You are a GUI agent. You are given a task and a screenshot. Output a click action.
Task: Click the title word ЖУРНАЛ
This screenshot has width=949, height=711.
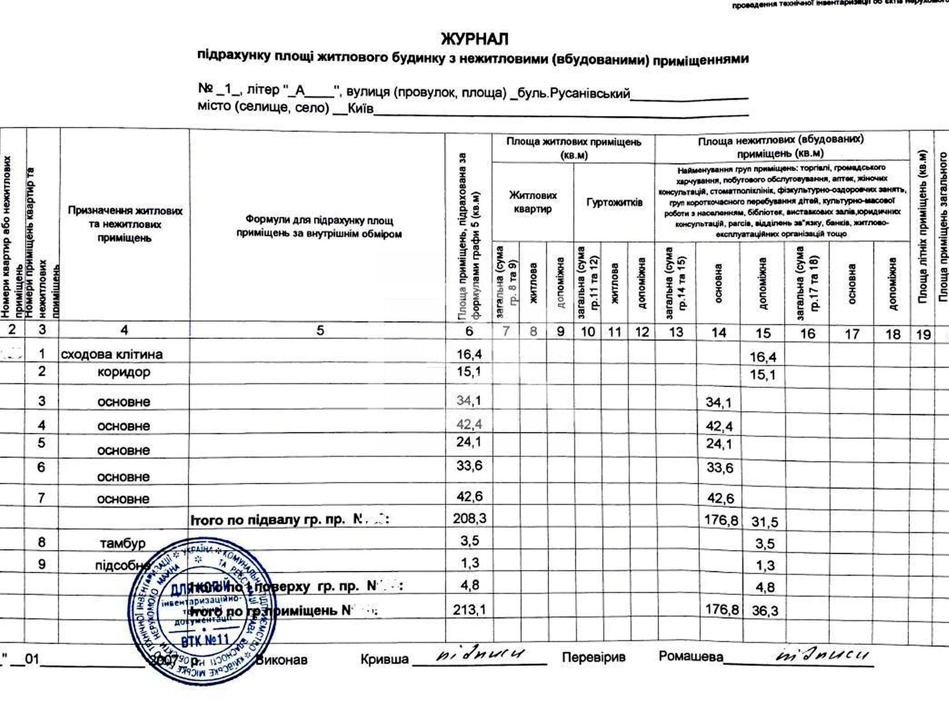[x=474, y=39]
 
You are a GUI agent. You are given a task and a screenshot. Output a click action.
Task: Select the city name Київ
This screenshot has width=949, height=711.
[x=360, y=109]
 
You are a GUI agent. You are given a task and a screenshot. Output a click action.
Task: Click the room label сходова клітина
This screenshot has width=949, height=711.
[x=112, y=355]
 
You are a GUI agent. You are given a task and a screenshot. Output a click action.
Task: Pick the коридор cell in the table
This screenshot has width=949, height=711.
[x=124, y=372]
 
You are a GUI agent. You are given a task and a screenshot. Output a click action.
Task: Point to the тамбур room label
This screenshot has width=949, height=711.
[x=123, y=543]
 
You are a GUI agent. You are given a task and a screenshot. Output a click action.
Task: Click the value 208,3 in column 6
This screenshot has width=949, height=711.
[x=470, y=518]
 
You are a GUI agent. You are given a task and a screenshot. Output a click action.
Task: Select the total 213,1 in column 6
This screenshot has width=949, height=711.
[x=470, y=610]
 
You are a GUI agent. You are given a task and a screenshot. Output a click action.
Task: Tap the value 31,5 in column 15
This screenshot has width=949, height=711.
[x=764, y=522]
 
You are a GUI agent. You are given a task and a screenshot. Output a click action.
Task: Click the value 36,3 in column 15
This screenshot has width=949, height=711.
[x=765, y=611]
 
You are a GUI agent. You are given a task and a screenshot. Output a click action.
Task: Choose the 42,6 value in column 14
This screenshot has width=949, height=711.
[x=720, y=498]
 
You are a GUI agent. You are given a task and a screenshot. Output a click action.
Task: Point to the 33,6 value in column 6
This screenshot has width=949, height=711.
[x=470, y=466]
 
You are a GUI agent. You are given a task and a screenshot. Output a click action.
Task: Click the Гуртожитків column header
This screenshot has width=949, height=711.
[x=614, y=202]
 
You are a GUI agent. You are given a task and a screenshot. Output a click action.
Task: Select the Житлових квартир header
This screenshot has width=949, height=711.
[x=533, y=202]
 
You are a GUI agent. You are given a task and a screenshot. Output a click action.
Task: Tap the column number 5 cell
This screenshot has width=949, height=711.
[x=320, y=330]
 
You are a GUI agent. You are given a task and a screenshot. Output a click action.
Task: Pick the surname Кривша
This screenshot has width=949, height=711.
[x=384, y=659]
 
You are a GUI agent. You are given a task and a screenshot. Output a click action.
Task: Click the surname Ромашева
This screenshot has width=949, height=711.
[x=690, y=657]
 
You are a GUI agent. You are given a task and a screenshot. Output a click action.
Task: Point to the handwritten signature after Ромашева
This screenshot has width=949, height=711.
[x=823, y=656]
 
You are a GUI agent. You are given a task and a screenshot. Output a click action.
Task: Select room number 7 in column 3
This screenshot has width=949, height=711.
[x=42, y=498]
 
